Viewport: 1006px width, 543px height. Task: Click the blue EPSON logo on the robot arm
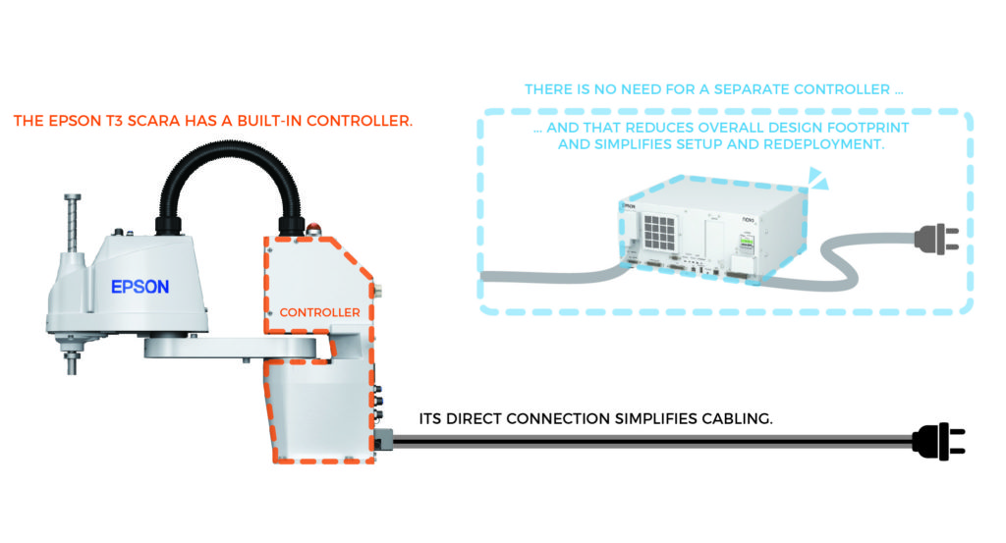tap(140, 287)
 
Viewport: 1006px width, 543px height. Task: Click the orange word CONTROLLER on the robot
tap(319, 313)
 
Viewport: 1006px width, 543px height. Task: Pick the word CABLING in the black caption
tap(736, 417)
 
